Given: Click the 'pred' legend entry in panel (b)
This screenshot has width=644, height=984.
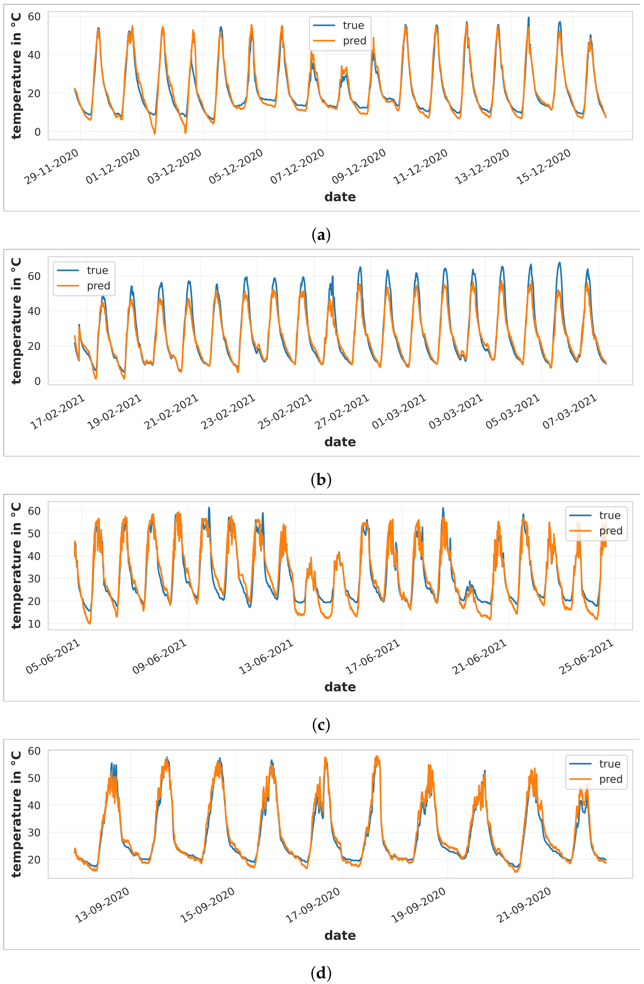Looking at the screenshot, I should click(x=98, y=286).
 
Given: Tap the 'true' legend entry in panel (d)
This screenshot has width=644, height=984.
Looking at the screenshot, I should click(x=609, y=764).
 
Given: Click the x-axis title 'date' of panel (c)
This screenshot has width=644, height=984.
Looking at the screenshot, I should click(x=340, y=687).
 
